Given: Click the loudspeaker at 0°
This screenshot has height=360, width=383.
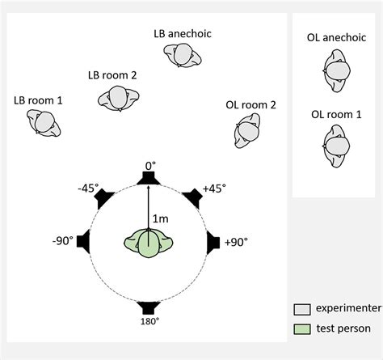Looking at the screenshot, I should pyautogui.click(x=149, y=178).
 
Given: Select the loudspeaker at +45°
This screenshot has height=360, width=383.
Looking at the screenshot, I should pyautogui.click(x=192, y=197).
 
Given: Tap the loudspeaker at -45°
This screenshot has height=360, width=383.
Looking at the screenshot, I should pyautogui.click(x=105, y=197).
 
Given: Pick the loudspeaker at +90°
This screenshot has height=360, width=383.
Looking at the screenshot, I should pyautogui.click(x=213, y=242).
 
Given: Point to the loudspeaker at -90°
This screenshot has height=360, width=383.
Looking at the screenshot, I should pyautogui.click(x=86, y=242).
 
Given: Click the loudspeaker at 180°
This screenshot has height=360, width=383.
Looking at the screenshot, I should pyautogui.click(x=149, y=306).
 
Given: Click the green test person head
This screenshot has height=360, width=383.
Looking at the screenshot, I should pyautogui.click(x=149, y=244).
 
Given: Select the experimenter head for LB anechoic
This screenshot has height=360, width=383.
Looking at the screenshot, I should pyautogui.click(x=182, y=55).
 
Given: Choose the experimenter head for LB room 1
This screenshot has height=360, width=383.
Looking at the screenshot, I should pyautogui.click(x=44, y=124).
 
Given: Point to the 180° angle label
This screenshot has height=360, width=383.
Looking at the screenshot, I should pyautogui.click(x=149, y=320).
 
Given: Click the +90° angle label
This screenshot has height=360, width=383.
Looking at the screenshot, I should pyautogui.click(x=235, y=242).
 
